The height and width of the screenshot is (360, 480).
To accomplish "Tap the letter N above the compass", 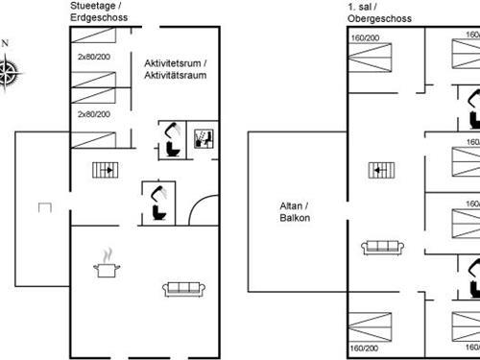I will point(7,43).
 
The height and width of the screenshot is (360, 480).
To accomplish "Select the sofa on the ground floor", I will point(182,288).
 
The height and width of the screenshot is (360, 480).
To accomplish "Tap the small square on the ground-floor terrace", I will point(43,205).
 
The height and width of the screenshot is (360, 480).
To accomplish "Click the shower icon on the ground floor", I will point(204,137).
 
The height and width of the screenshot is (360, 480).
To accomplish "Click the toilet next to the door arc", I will point(156,198).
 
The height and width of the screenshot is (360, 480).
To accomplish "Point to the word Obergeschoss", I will point(380,18).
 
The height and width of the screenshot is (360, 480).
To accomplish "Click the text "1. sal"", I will point(361,7).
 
